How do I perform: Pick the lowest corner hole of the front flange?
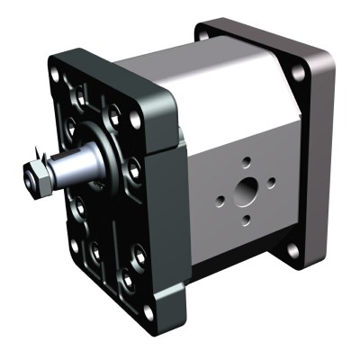(148, 310)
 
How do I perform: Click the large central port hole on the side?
(244, 190)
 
